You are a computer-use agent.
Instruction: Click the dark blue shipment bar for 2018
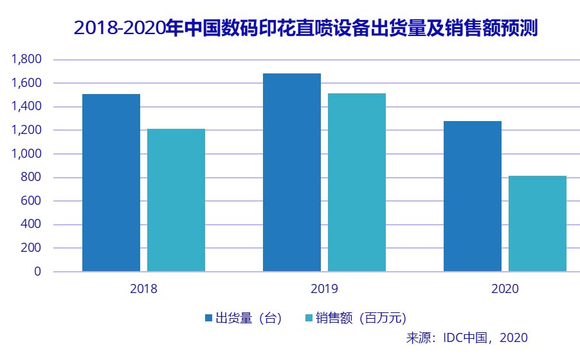click(111, 183)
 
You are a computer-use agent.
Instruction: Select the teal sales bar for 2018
click(176, 200)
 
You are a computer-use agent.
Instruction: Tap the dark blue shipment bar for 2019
click(292, 173)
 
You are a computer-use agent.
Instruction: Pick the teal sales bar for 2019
click(357, 182)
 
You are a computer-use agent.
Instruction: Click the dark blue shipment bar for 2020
click(473, 196)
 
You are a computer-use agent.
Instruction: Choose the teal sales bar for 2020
click(538, 223)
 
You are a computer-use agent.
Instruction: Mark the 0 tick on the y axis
click(37, 272)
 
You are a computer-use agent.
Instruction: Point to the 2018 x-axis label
click(143, 290)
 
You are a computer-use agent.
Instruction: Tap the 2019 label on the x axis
click(324, 290)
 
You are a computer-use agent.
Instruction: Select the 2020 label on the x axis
click(505, 290)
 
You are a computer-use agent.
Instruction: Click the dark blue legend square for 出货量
click(208, 318)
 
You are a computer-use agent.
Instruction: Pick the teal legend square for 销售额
click(309, 318)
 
